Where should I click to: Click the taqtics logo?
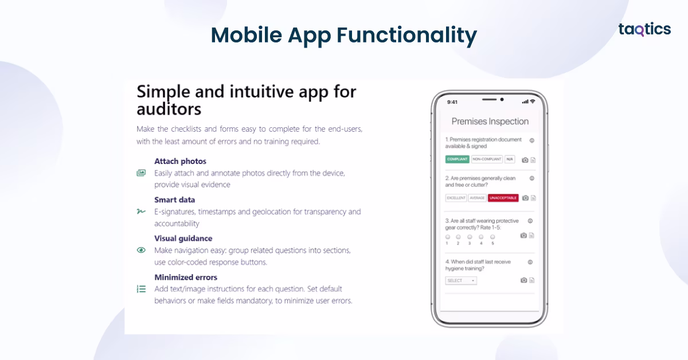click(x=644, y=30)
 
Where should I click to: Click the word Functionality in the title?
click(x=406, y=36)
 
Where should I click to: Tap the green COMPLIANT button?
click(x=458, y=159)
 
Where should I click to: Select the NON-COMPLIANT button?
click(x=487, y=159)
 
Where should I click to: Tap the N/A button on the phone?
click(x=510, y=159)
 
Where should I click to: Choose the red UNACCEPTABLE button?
click(x=503, y=198)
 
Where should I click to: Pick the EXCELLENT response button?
click(x=456, y=198)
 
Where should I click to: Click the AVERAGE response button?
click(x=477, y=198)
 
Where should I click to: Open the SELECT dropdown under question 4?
click(x=461, y=280)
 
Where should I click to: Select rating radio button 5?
click(x=492, y=237)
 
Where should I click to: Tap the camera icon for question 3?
click(x=523, y=235)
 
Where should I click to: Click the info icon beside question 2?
click(x=531, y=178)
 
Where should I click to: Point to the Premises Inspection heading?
click(x=490, y=122)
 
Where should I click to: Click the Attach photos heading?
click(x=180, y=161)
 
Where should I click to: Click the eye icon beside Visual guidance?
click(x=141, y=250)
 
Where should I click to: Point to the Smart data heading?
click(x=174, y=199)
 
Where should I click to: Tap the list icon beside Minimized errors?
click(x=141, y=289)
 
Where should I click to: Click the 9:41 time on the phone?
click(x=452, y=102)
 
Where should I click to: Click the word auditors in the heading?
click(x=169, y=108)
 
